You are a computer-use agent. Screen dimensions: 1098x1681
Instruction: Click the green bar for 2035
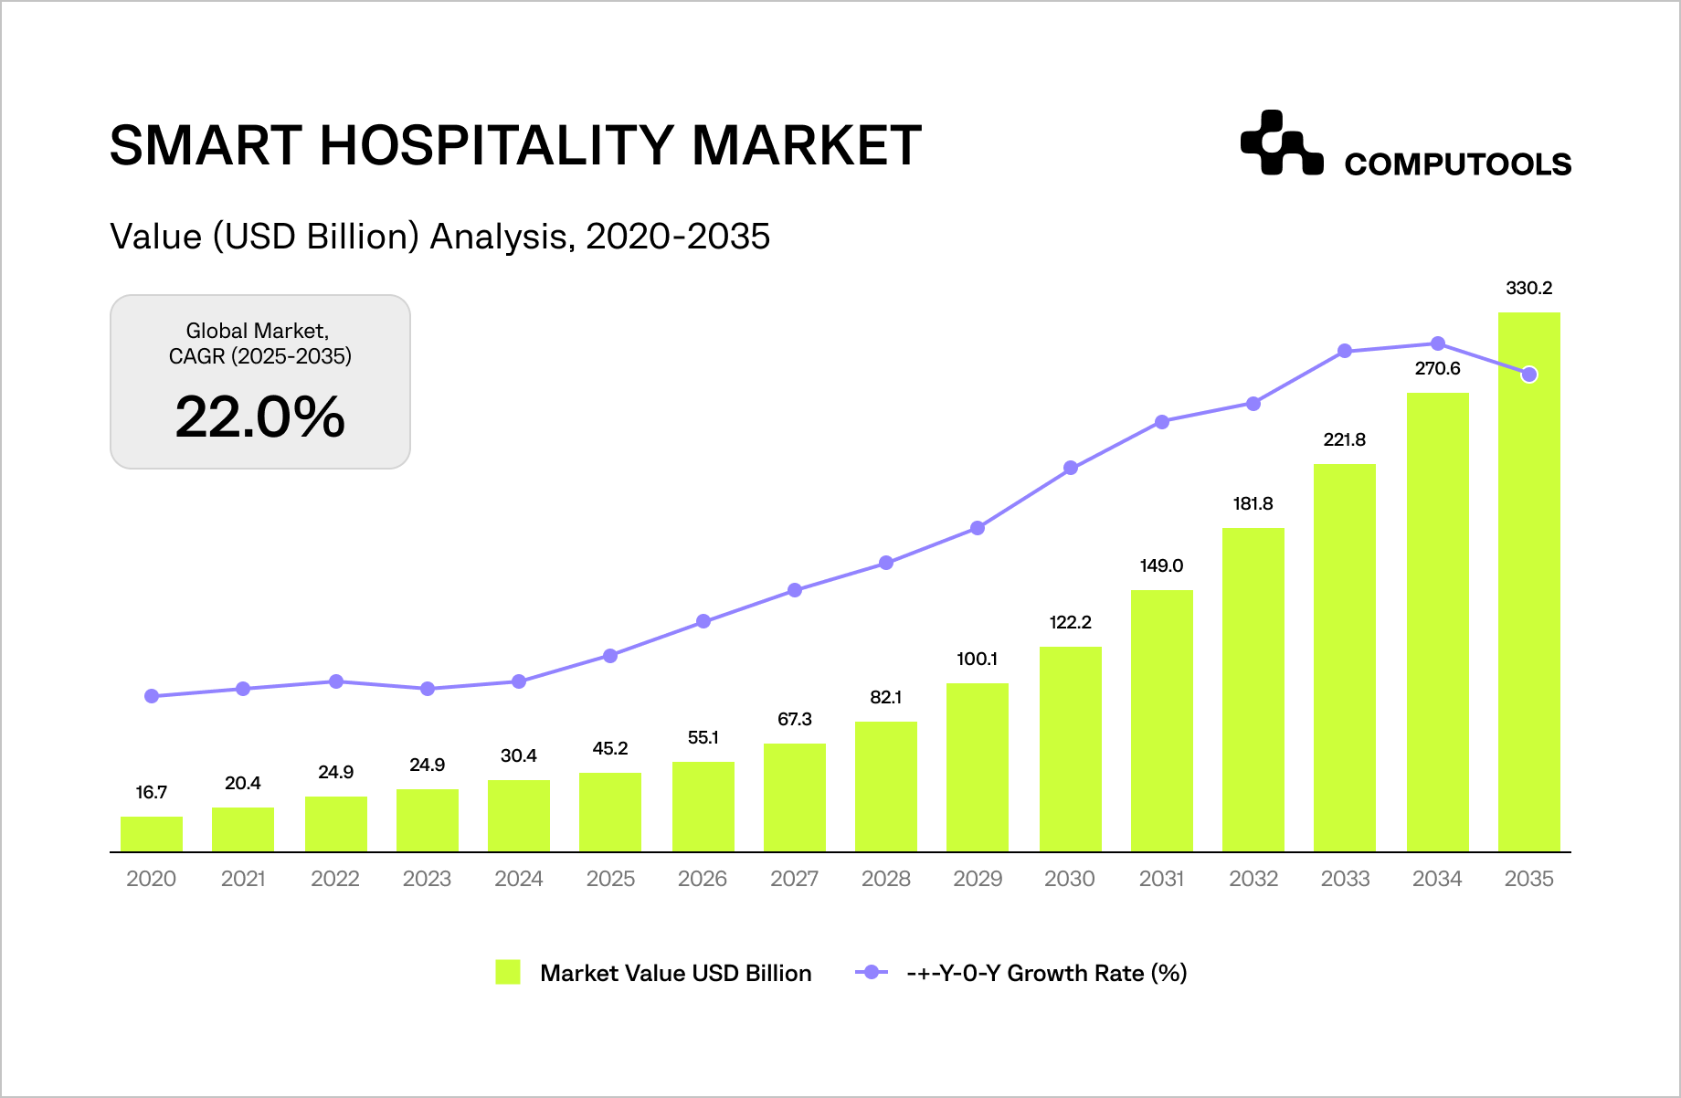click(1528, 585)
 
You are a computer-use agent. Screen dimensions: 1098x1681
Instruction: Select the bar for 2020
click(152, 834)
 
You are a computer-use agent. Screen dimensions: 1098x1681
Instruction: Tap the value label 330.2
click(1528, 289)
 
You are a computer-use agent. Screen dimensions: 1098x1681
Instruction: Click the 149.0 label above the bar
click(1161, 566)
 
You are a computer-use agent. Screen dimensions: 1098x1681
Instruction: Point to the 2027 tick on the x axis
click(794, 879)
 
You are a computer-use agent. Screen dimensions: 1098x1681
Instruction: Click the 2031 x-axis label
click(1161, 879)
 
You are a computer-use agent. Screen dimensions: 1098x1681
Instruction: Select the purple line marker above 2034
click(1437, 343)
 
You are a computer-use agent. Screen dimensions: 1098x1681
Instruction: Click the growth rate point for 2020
click(152, 696)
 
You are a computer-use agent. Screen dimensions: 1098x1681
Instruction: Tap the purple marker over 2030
click(1071, 469)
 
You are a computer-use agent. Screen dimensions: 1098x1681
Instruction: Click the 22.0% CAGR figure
click(260, 417)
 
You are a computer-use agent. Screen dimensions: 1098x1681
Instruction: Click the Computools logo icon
click(1281, 143)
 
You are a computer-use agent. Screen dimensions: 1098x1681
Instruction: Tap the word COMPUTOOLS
click(1457, 164)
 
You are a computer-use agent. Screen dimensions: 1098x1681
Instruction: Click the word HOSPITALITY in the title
click(497, 146)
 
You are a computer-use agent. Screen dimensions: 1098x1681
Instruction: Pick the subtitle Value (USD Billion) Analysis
click(439, 237)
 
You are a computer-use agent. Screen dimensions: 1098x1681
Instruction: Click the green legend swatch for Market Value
click(508, 972)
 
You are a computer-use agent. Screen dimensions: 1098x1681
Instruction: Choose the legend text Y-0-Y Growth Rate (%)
click(1046, 973)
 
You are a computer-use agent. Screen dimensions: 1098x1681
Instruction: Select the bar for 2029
click(978, 767)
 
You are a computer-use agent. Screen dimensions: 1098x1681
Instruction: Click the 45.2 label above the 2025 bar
click(610, 749)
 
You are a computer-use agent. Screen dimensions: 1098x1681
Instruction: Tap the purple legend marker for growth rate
click(872, 972)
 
